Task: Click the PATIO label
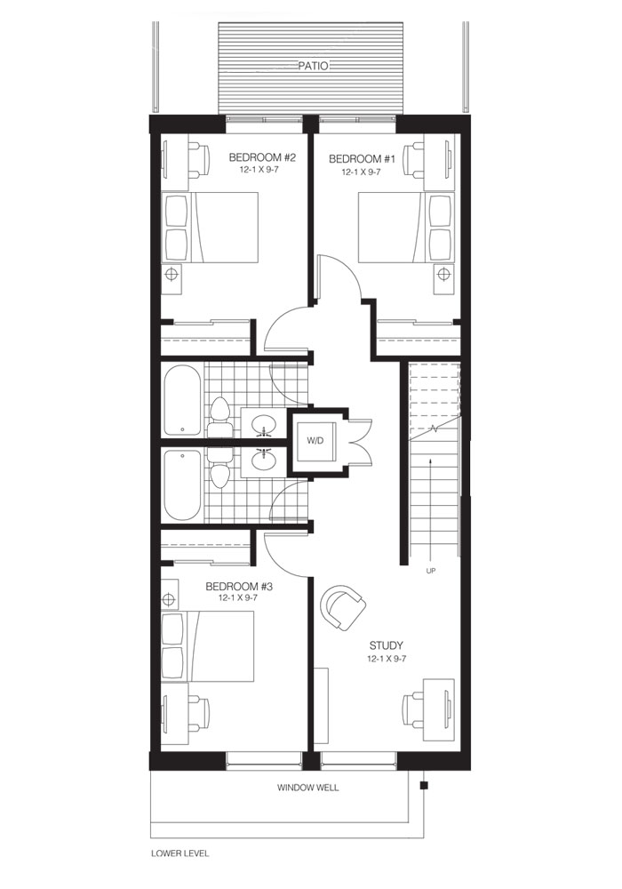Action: click(x=313, y=67)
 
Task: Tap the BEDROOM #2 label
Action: click(x=262, y=157)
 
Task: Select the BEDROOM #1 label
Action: click(x=362, y=159)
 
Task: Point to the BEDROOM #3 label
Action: click(x=239, y=586)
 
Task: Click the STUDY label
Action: click(x=387, y=645)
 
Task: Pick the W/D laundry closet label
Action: click(x=315, y=440)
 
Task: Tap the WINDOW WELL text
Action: click(x=308, y=788)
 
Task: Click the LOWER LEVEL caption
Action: click(x=180, y=853)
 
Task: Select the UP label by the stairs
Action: click(x=431, y=571)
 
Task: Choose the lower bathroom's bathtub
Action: click(x=182, y=485)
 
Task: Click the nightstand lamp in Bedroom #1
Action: click(x=443, y=275)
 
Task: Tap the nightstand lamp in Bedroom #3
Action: click(x=169, y=599)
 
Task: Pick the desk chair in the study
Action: click(x=413, y=708)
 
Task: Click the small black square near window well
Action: click(x=424, y=786)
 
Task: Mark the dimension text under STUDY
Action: click(x=387, y=659)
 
